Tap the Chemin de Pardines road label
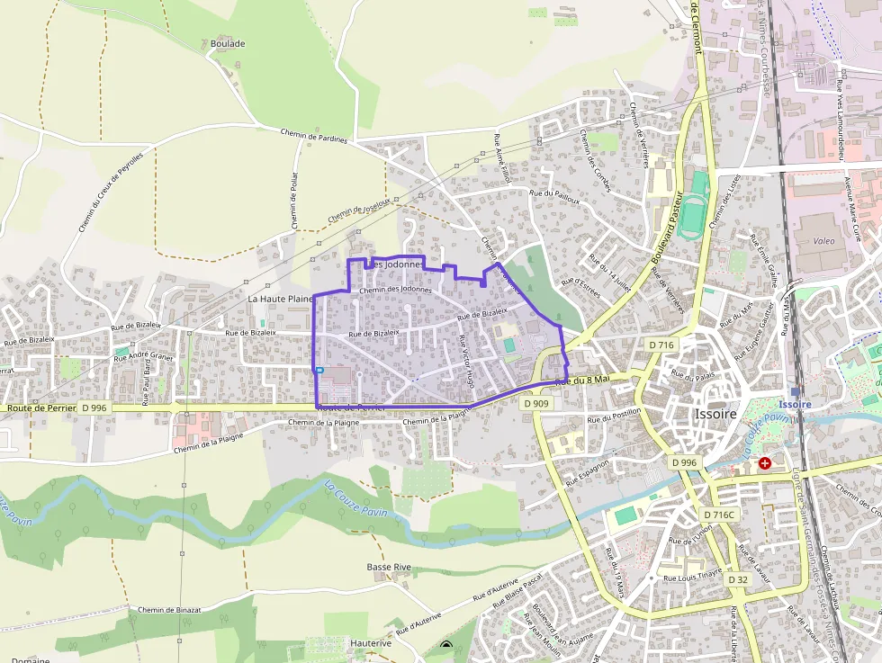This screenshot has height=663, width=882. [312, 135]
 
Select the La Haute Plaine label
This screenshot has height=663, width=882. [280, 298]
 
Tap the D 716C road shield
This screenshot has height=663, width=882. [719, 515]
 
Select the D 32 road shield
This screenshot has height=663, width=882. [738, 579]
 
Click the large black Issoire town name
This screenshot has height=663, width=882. [715, 415]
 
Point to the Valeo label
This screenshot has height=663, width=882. [823, 241]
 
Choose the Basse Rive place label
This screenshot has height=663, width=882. [389, 568]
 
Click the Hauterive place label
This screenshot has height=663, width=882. [371, 643]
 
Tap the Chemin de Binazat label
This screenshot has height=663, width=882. [167, 610]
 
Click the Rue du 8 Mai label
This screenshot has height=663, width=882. [583, 381]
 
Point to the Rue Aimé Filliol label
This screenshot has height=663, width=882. [501, 158]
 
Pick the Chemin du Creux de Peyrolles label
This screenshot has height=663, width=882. [111, 191]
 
